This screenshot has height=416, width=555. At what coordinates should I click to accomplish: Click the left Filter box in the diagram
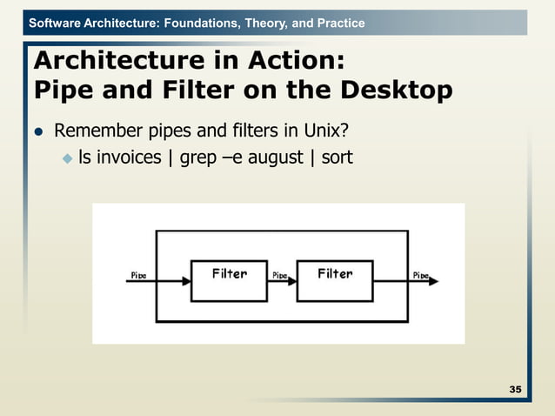click(x=230, y=280)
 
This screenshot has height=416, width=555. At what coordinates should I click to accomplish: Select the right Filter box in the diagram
click(x=335, y=280)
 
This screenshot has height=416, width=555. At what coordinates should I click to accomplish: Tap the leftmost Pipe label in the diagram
click(x=137, y=275)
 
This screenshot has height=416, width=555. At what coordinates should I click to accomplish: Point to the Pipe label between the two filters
click(x=280, y=275)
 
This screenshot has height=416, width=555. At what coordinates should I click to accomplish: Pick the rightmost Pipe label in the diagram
click(x=420, y=275)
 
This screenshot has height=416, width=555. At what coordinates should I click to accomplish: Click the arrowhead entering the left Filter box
click(x=185, y=281)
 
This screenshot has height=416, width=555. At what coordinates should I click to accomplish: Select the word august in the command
click(x=271, y=158)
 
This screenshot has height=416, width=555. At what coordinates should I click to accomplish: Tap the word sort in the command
click(x=337, y=158)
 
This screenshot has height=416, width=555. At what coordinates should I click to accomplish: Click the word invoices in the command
click(x=129, y=158)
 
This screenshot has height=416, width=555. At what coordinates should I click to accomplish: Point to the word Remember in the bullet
click(x=96, y=131)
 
